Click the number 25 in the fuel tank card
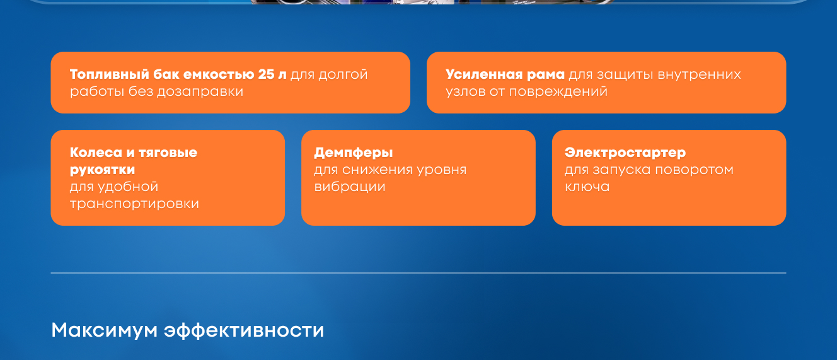[266, 74]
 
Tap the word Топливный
[110, 75]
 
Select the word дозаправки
[200, 92]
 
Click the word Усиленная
[484, 74]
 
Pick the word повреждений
[558, 92]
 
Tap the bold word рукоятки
[102, 170]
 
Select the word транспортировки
[134, 204]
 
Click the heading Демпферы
[354, 153]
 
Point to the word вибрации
[350, 187]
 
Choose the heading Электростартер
[625, 153]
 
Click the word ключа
[587, 187]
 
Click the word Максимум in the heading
[104, 330]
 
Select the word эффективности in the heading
[244, 330]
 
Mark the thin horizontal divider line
[418, 273]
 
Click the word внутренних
[699, 75]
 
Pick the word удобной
[128, 187]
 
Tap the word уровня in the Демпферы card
[442, 170]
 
